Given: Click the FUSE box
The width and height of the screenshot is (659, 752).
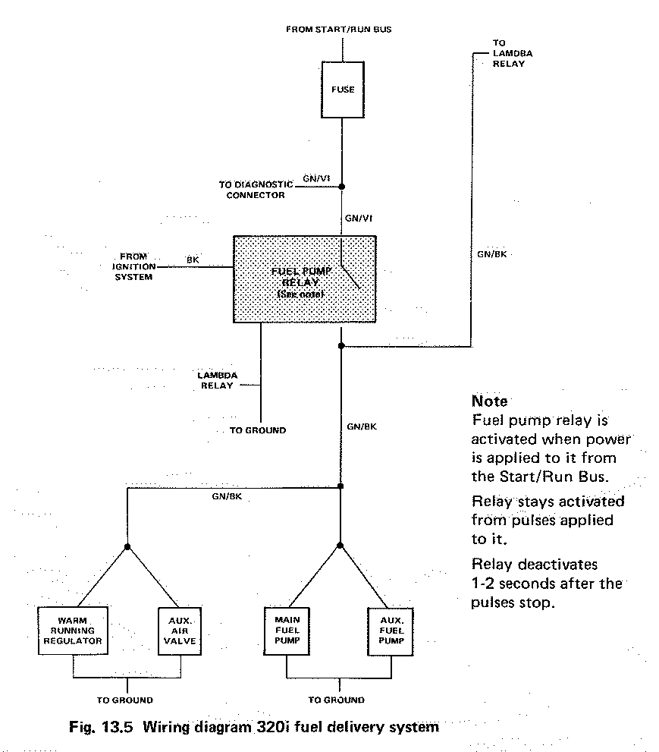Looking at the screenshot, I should pyautogui.click(x=343, y=90).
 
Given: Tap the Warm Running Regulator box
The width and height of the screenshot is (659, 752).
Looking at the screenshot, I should pyautogui.click(x=72, y=630).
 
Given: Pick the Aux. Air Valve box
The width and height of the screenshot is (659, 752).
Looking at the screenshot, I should pyautogui.click(x=180, y=630).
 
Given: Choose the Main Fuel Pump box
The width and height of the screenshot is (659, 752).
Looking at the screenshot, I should pyautogui.click(x=287, y=630).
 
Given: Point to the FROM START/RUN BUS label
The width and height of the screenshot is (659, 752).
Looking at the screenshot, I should pyautogui.click(x=338, y=30).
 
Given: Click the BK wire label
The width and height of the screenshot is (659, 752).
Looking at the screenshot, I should pyautogui.click(x=193, y=260).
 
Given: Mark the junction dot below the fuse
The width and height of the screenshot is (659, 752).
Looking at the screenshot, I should pyautogui.click(x=342, y=186).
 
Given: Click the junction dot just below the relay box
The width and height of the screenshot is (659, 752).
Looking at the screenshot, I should pyautogui.click(x=341, y=346).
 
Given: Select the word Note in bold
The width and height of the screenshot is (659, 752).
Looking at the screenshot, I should pyautogui.click(x=489, y=401).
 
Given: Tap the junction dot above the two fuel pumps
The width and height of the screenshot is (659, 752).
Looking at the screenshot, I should pyautogui.click(x=340, y=546).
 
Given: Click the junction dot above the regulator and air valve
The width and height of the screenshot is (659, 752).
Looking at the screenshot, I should pyautogui.click(x=127, y=546).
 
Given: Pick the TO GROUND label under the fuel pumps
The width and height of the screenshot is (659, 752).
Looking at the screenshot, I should pyautogui.click(x=336, y=700).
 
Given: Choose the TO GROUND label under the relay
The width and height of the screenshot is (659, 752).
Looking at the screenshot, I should pyautogui.click(x=258, y=430).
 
